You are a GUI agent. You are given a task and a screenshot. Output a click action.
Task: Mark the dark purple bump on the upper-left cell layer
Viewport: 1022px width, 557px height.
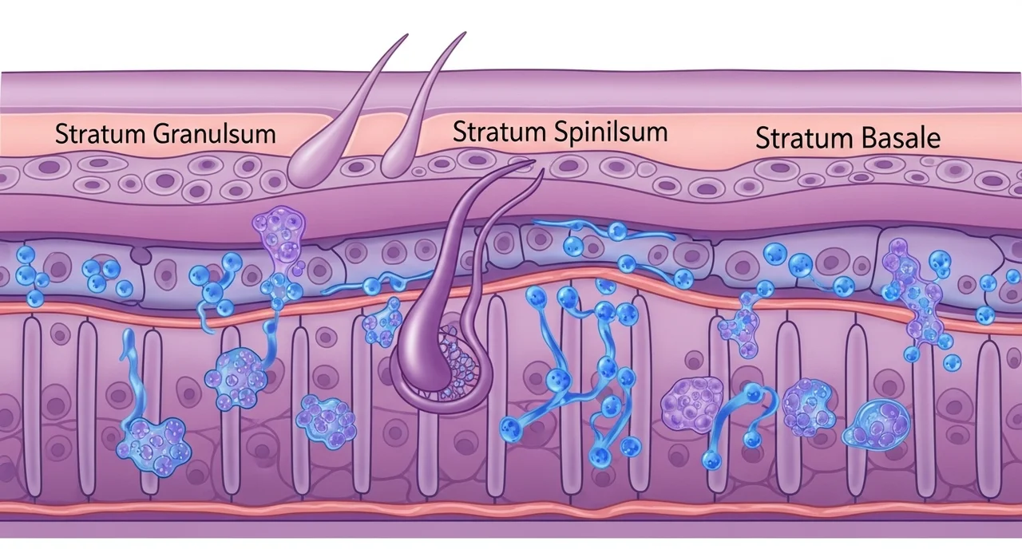tap(142, 255)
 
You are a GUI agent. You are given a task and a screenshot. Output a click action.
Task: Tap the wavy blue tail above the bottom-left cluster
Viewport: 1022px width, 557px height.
tap(129, 375)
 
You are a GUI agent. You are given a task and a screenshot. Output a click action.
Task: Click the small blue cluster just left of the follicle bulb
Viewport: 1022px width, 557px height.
tap(382, 321)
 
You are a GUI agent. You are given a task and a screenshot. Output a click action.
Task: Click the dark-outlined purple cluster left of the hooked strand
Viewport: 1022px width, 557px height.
tap(692, 403)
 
